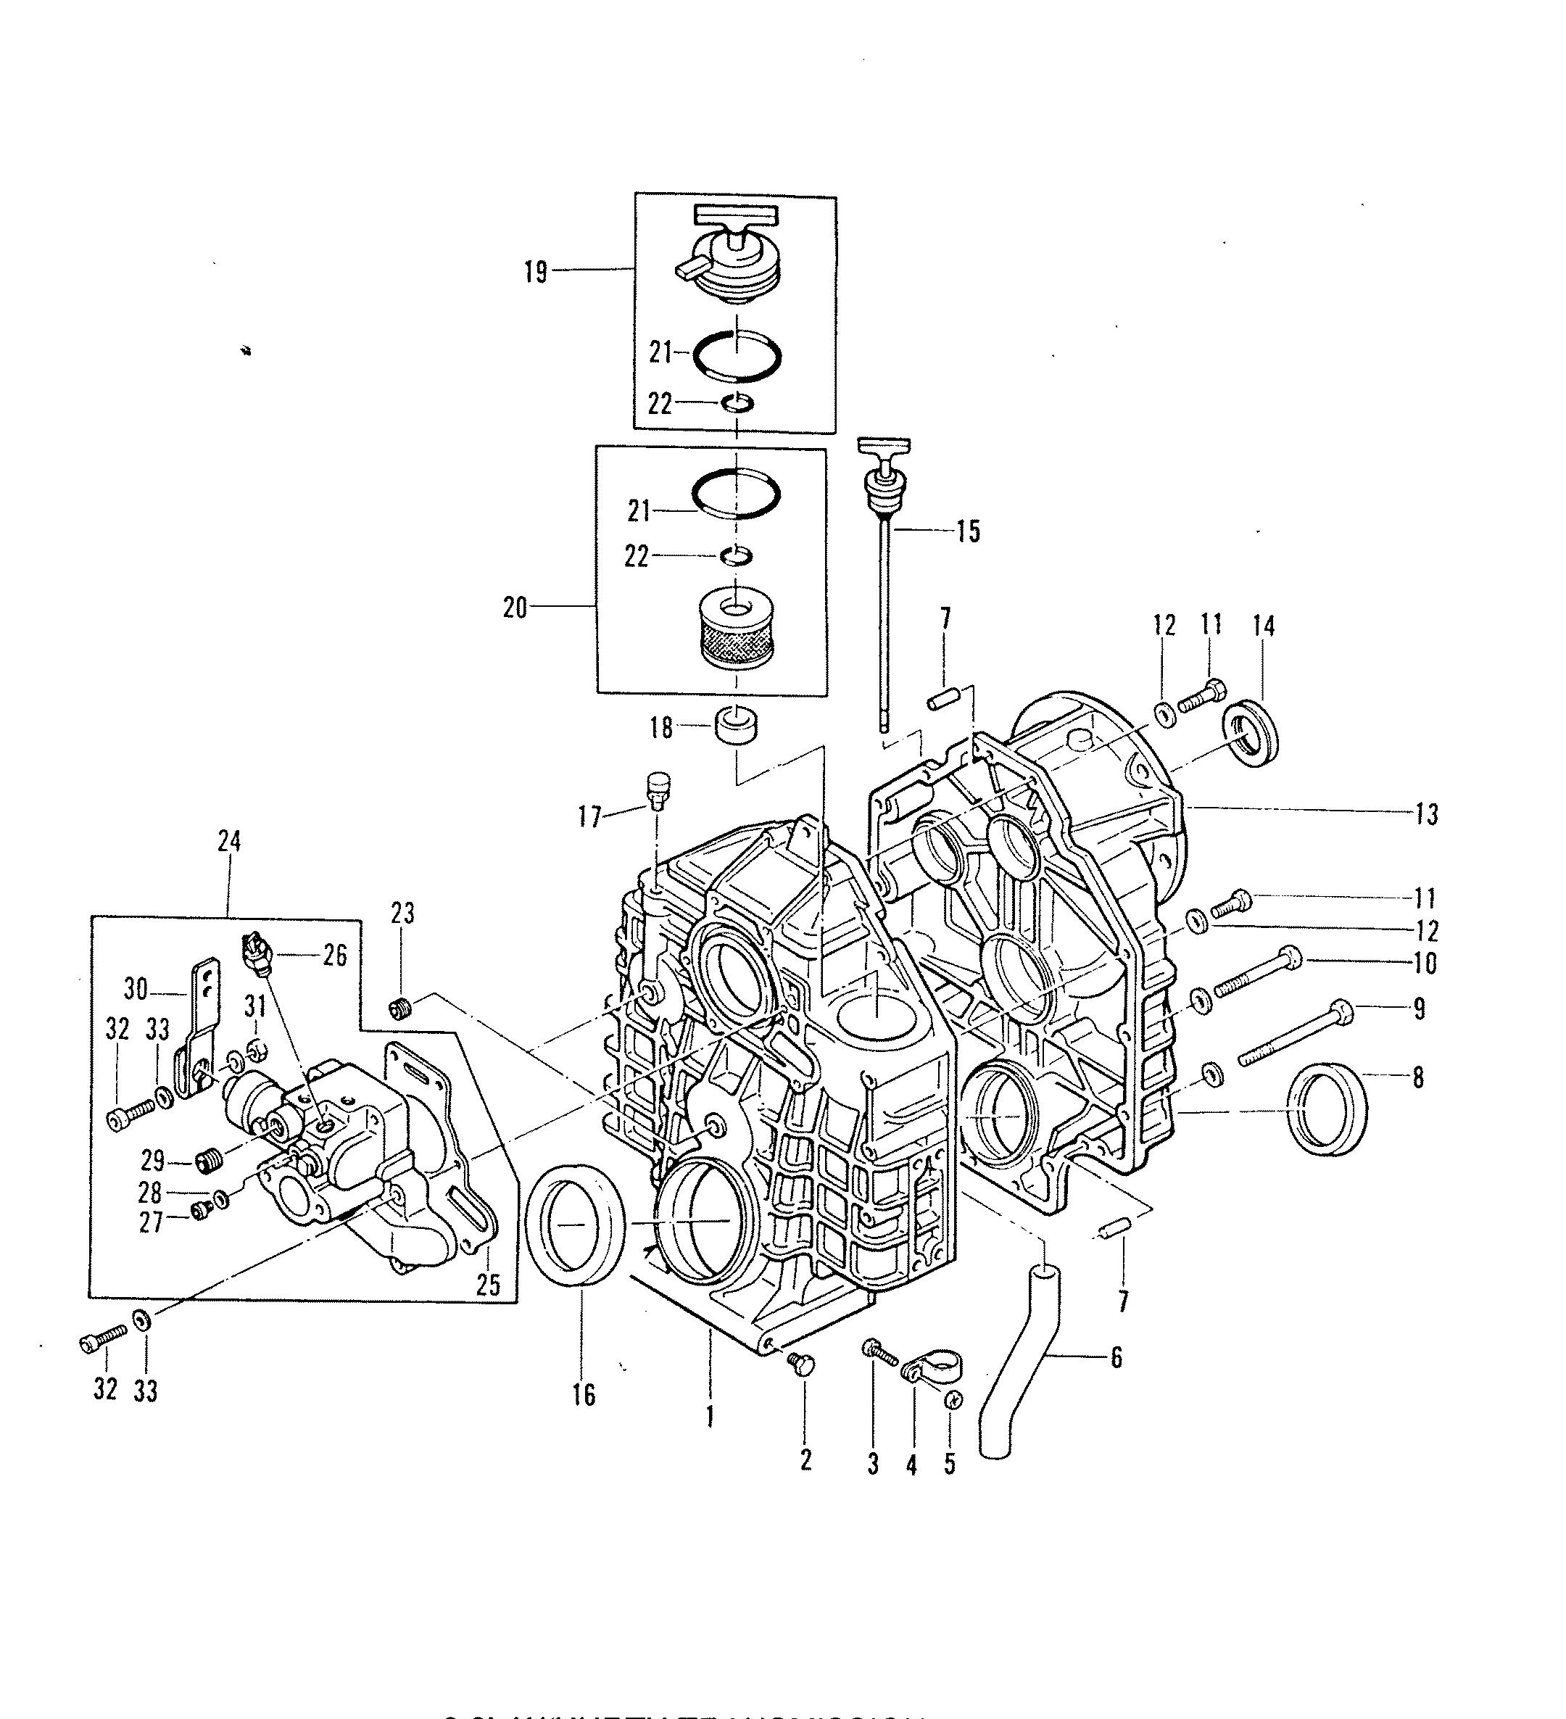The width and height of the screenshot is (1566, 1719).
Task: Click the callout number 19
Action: click(535, 274)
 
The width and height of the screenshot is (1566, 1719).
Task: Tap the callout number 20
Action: click(515, 609)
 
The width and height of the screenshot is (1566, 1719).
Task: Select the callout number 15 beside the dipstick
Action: click(968, 531)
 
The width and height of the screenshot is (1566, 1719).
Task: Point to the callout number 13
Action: click(1426, 814)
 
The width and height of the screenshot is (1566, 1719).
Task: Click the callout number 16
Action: click(584, 1396)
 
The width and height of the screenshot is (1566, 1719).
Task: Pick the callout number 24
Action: click(228, 842)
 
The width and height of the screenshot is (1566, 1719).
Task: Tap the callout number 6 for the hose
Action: click(1116, 1356)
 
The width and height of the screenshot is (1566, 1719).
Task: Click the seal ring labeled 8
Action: click(1327, 1109)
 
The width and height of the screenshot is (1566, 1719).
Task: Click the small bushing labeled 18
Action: click(737, 725)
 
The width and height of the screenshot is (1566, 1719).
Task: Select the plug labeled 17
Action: click(660, 790)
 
